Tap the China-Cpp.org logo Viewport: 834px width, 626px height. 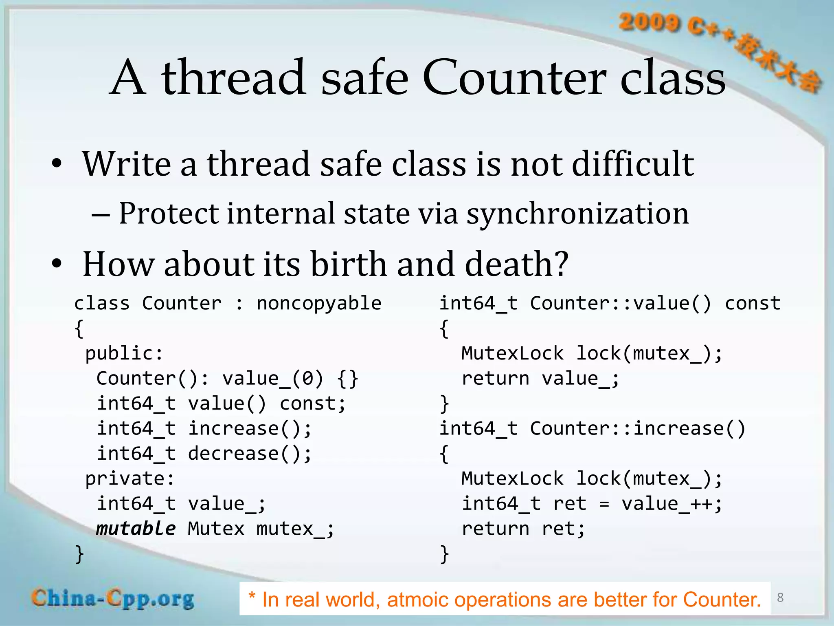tap(113, 599)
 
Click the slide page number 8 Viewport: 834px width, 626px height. tap(780, 597)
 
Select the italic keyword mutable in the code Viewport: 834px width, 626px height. tap(136, 529)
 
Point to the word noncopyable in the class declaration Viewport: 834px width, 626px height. tap(319, 304)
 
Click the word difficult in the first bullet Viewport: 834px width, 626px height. tap(633, 164)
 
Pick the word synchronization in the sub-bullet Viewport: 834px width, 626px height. tap(577, 214)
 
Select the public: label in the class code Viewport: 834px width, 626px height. tap(124, 353)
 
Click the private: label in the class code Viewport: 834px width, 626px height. tap(130, 478)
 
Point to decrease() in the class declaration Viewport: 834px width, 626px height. tap(249, 454)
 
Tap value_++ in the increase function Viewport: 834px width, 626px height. tap(667, 504)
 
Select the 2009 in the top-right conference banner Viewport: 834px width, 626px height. tap(648, 22)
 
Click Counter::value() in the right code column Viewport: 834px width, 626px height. tap(620, 304)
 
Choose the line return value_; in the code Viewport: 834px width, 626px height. tap(540, 379)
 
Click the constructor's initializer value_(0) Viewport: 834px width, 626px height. tap(273, 379)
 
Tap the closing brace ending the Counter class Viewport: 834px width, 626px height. tap(79, 554)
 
